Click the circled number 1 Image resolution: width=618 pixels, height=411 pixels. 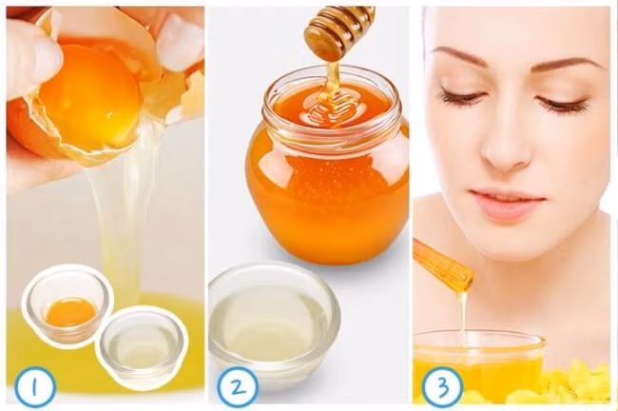coord(35,387)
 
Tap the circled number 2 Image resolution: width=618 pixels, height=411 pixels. coord(238,387)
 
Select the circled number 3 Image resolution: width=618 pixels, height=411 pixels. coord(442,387)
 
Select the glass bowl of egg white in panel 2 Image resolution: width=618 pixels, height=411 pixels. coord(274,324)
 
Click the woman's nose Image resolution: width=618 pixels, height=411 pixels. coord(505,146)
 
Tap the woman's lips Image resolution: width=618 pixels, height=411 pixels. coord(507,205)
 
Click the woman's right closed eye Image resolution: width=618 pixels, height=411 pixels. coord(462,97)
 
